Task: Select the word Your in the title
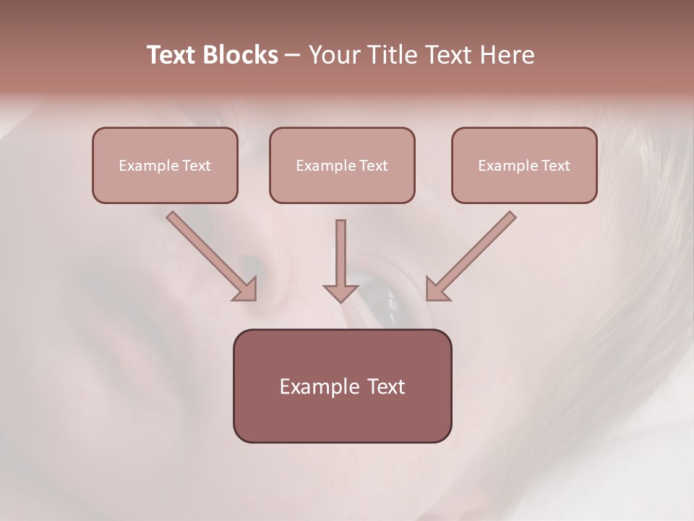click(x=334, y=55)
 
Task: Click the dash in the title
click(x=293, y=56)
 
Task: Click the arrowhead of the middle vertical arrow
click(x=340, y=293)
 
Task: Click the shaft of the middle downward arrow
click(x=340, y=250)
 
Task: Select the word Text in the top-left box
click(x=196, y=166)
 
